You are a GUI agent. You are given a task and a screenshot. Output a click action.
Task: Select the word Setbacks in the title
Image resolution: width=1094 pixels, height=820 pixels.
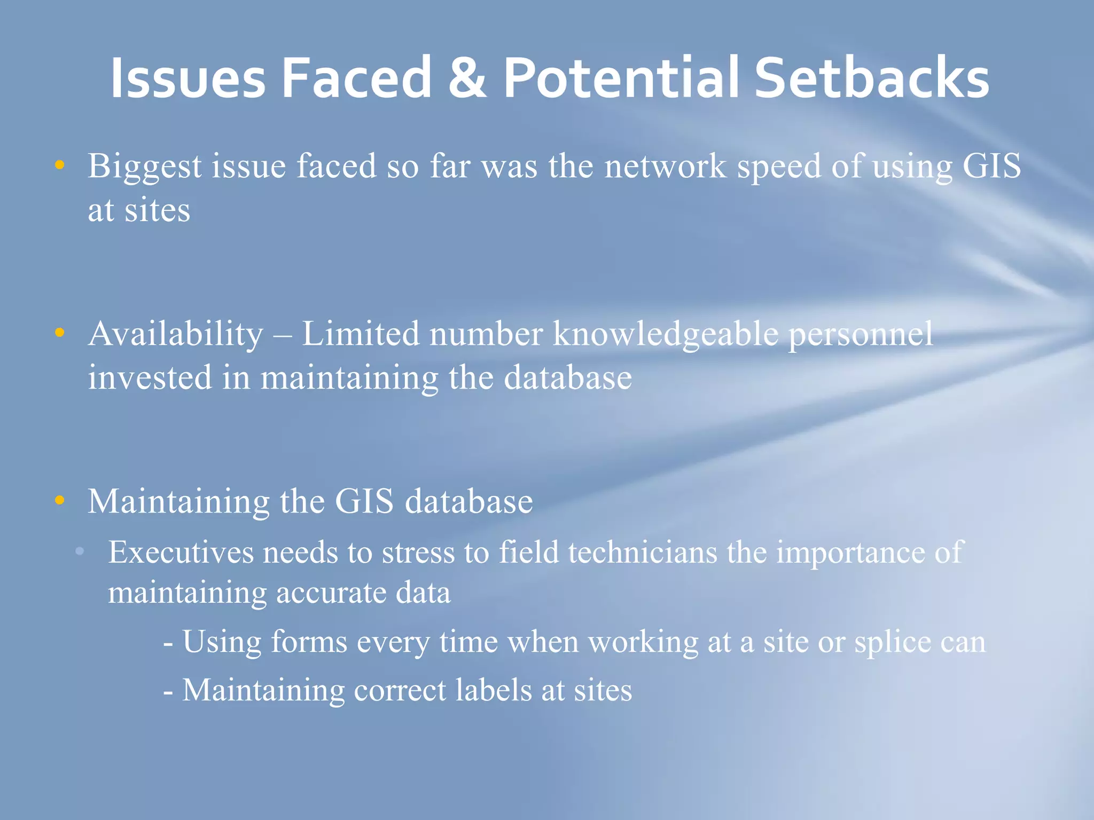(x=871, y=78)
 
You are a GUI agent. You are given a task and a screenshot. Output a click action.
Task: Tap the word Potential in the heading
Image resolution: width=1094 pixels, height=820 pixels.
(x=621, y=78)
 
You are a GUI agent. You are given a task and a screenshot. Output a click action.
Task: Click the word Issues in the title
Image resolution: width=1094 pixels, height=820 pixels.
(x=187, y=78)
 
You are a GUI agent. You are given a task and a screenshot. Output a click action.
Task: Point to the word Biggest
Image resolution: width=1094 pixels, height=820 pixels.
(x=145, y=167)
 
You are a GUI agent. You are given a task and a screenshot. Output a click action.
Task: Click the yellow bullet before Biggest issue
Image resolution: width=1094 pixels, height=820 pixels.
(x=60, y=165)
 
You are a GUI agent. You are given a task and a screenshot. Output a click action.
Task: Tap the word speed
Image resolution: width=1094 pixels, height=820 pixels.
(x=779, y=167)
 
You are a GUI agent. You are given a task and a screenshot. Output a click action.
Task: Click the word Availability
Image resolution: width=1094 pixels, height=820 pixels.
(x=176, y=335)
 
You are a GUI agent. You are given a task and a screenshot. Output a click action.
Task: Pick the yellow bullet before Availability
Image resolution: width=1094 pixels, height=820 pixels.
(x=60, y=333)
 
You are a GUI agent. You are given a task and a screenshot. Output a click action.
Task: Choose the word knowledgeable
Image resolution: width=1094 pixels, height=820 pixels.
(x=666, y=335)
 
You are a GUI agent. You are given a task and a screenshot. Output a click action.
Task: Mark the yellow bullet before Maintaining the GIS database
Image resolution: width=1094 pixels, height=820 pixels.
(x=60, y=500)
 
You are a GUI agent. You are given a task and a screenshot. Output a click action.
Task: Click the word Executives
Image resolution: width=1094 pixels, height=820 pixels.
(x=181, y=552)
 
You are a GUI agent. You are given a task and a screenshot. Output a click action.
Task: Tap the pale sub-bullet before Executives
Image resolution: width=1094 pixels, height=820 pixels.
(x=80, y=551)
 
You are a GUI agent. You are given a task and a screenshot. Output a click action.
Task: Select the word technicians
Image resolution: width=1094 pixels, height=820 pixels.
(x=643, y=552)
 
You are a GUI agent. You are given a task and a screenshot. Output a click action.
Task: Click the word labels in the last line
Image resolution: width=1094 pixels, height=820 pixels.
(x=494, y=690)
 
